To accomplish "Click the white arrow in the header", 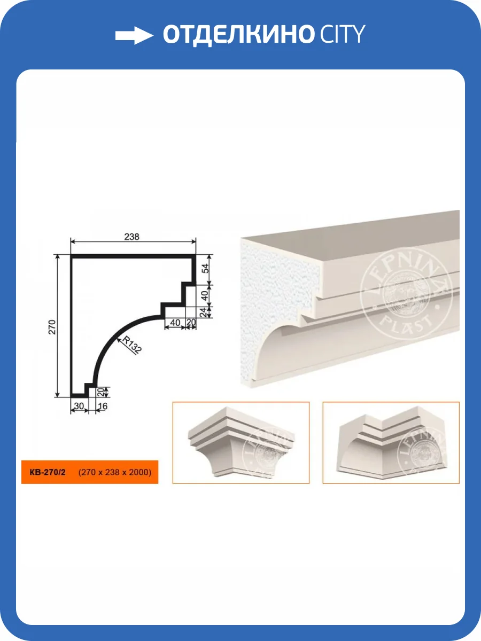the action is click(x=134, y=35).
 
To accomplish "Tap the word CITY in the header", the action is click(x=342, y=34).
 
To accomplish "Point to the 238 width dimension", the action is click(x=131, y=237).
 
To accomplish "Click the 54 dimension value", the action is click(x=206, y=268).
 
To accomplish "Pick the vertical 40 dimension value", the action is click(x=205, y=295).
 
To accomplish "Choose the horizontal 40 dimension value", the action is click(x=175, y=323).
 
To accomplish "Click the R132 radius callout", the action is click(x=132, y=345).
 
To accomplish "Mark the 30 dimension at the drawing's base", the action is click(x=79, y=406).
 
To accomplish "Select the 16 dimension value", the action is click(x=103, y=406).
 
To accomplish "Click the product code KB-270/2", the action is click(x=48, y=472).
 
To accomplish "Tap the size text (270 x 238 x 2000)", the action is click(x=115, y=472).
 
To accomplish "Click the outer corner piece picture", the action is click(x=241, y=443).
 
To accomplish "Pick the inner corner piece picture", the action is click(x=391, y=443).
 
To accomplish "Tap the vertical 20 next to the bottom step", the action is click(x=100, y=392).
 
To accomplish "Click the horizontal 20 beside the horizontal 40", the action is click(x=191, y=323).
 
